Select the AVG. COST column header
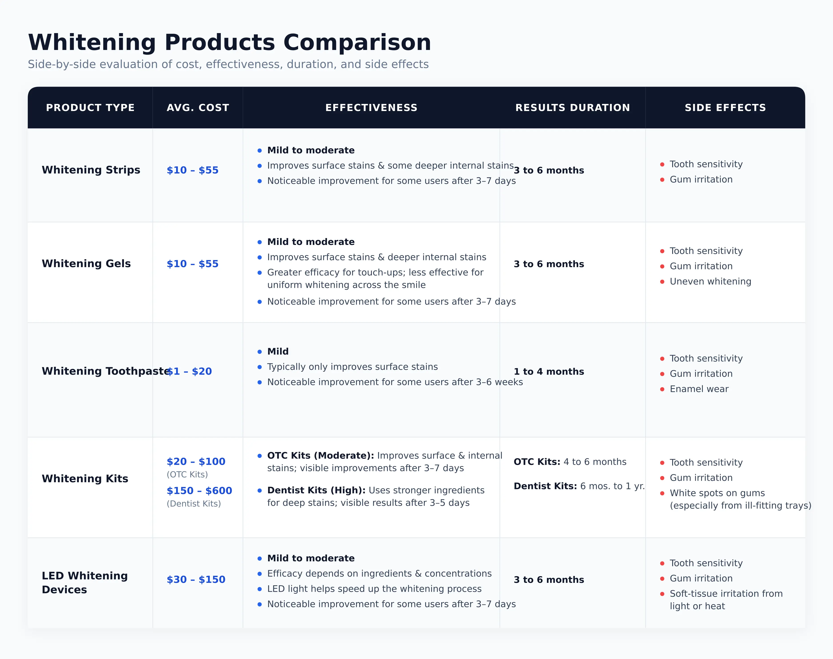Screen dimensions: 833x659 coord(198,108)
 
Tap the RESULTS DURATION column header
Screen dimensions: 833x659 coord(572,108)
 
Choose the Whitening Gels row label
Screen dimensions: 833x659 coord(86,264)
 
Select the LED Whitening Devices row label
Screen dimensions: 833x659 coord(85,583)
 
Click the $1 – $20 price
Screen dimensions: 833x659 coord(189,371)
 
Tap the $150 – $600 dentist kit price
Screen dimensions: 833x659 coord(199,490)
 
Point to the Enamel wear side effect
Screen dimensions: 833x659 coord(699,389)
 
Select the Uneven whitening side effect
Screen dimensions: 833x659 coord(710,281)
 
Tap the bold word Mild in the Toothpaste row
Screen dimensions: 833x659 coord(278,351)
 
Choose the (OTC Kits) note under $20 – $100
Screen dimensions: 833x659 coord(187,474)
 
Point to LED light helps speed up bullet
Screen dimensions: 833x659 coord(375,589)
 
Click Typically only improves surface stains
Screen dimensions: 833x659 coord(353,367)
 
